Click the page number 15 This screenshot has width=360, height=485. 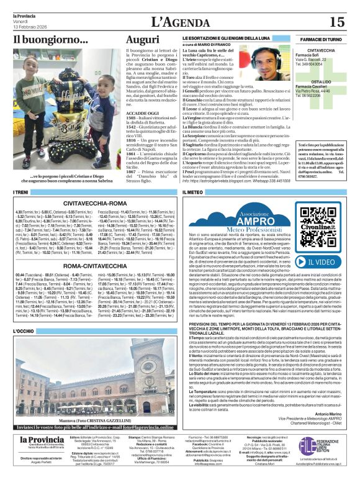pyautogui.click(x=336, y=22)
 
